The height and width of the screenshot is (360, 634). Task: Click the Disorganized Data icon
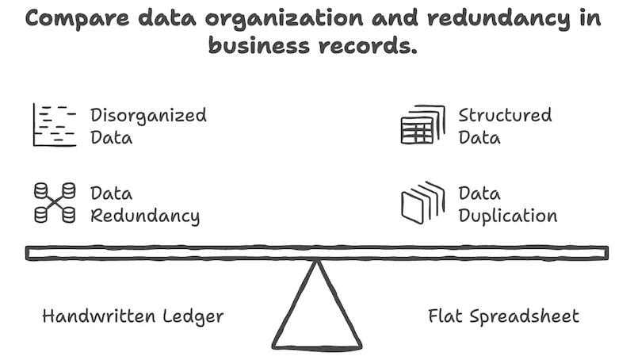click(55, 125)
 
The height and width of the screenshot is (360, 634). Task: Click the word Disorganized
click(148, 115)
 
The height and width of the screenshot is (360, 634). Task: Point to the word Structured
click(505, 115)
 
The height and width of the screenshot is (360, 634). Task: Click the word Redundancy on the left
click(144, 216)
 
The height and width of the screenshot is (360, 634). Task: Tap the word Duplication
click(507, 216)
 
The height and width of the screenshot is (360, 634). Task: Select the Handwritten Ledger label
click(132, 316)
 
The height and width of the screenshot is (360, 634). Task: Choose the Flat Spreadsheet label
click(503, 316)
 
